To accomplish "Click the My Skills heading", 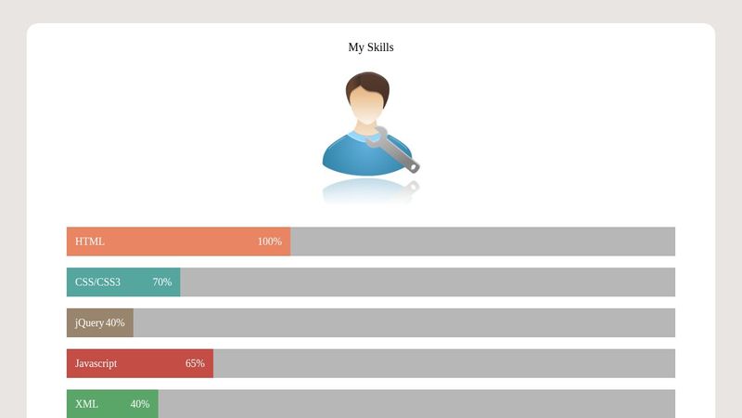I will (371, 47).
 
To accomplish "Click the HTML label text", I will (90, 242).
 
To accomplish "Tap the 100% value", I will (269, 242).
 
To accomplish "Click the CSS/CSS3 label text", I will (97, 282).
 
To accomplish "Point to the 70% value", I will (162, 282).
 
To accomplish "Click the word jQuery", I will (89, 323).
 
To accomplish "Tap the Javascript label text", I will (96, 364).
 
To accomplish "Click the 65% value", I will (195, 364).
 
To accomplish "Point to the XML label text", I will (86, 405).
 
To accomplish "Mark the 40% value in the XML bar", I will (139, 405).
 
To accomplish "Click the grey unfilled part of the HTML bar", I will (482, 242).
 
